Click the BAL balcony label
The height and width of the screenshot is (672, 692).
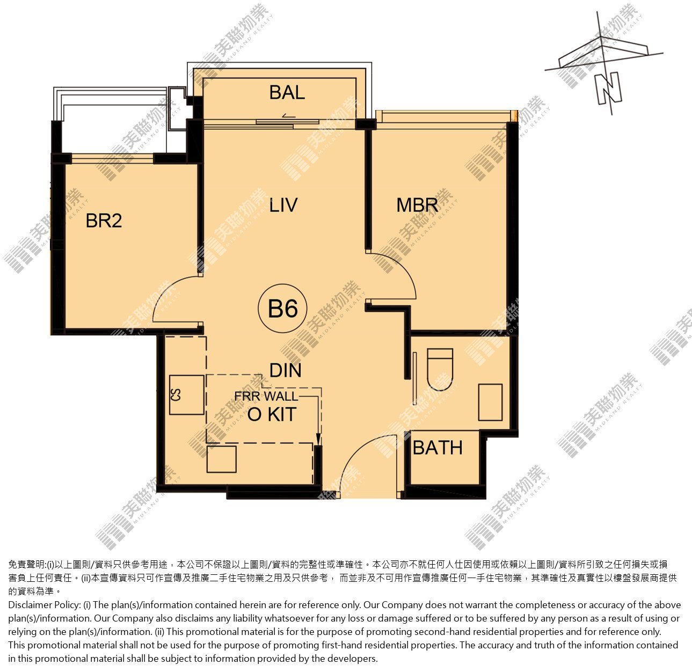pos(287,92)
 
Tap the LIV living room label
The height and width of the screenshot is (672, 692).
pos(283,205)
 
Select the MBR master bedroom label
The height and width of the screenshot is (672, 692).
pos(417,205)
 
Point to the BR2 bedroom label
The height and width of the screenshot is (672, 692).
pos(104,221)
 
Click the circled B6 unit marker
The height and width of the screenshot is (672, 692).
pos(283,308)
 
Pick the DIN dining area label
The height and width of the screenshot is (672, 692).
pos(286,370)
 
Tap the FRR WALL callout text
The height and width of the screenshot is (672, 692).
pos(266,396)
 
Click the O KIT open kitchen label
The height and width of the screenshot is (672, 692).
pos(272,414)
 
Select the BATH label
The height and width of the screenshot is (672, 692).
pos(438,448)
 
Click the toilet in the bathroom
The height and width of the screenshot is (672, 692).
pos(440,370)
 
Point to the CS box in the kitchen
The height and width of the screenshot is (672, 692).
pos(187,395)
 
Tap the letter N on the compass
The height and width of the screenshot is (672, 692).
pos(609,88)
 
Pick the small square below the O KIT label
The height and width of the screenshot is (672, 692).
pos(222,459)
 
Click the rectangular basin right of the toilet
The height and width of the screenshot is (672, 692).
pos(490,402)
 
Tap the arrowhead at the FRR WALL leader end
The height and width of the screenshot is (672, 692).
pos(318,440)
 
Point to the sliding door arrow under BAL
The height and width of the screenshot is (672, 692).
pos(286,115)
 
